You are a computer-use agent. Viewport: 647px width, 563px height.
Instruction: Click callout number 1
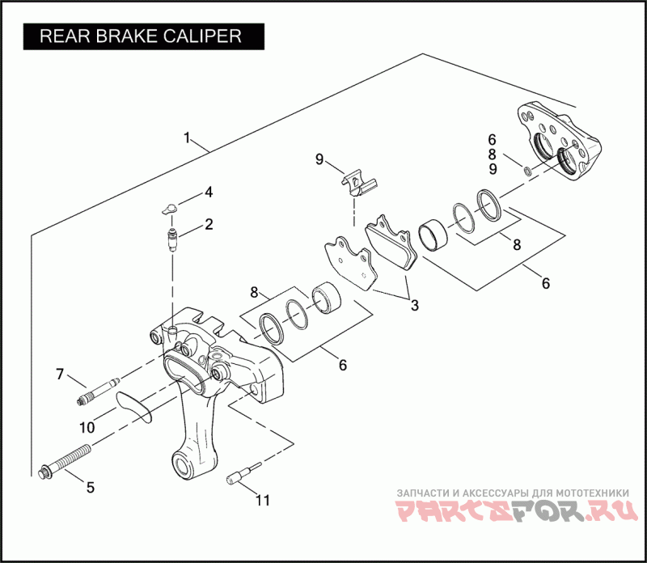pyautogui.click(x=188, y=138)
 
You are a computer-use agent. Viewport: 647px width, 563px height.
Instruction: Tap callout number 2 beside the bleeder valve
pyautogui.click(x=209, y=224)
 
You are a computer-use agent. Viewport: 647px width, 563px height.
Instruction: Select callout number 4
pyautogui.click(x=209, y=193)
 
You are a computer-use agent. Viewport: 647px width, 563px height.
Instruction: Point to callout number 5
pyautogui.click(x=90, y=488)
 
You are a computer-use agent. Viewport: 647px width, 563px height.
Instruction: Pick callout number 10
pyautogui.click(x=87, y=425)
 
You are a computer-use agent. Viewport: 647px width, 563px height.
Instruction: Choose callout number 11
pyautogui.click(x=262, y=500)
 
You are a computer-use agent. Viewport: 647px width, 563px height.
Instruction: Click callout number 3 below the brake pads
pyautogui.click(x=414, y=306)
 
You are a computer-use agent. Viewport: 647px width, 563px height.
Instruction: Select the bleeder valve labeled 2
pyautogui.click(x=171, y=240)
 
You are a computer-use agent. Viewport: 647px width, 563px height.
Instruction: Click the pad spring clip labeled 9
pyautogui.click(x=357, y=184)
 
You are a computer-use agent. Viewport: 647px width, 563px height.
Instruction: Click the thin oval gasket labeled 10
pyautogui.click(x=133, y=404)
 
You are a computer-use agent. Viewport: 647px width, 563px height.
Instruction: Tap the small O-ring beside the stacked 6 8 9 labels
pyautogui.click(x=526, y=171)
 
